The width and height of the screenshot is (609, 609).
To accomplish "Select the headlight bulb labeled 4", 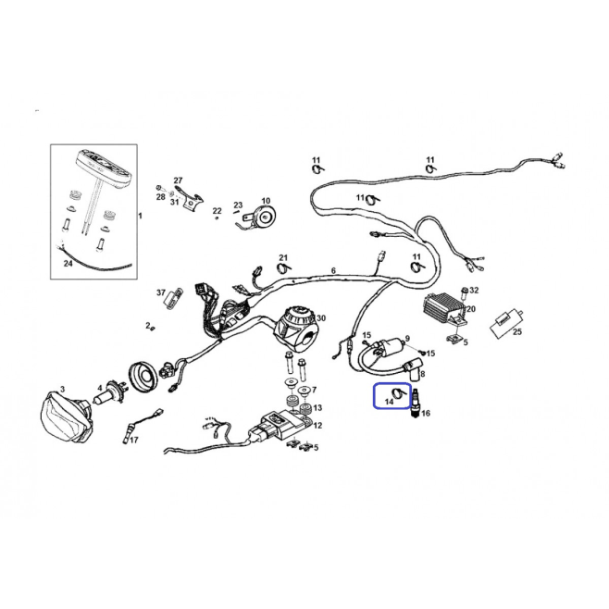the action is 111,391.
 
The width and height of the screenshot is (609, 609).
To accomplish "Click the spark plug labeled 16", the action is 416,403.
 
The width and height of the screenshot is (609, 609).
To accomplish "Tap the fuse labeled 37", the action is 173,299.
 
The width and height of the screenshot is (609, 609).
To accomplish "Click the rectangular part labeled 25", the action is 505,324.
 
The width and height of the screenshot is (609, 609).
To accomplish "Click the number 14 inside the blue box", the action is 389,402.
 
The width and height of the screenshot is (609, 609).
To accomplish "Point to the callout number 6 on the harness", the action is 333,270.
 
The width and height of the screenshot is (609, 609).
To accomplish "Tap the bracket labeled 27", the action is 191,199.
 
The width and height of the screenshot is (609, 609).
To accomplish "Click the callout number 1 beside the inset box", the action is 140,216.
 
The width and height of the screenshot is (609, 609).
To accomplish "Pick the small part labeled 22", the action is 217,218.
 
